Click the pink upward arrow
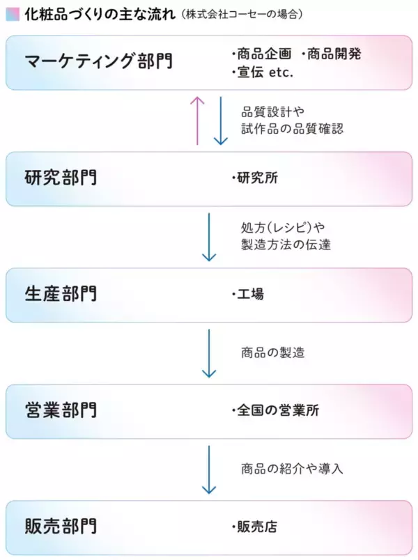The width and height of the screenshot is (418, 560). [x=197, y=120]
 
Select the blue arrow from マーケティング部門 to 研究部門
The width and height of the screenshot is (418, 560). [x=220, y=120]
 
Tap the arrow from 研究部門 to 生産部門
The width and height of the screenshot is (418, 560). [x=209, y=237]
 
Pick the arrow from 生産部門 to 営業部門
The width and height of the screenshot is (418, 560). [x=209, y=352]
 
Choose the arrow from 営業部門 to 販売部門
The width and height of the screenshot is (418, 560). [x=209, y=469]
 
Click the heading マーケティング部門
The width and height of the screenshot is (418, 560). [x=98, y=62]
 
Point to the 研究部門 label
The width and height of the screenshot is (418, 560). [x=61, y=178]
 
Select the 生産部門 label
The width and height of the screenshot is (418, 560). [x=61, y=293]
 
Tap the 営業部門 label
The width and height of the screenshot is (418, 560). [x=61, y=410]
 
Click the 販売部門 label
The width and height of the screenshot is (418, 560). [x=61, y=525]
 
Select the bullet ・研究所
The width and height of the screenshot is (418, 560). [x=254, y=178]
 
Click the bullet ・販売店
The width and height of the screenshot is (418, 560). [x=254, y=526]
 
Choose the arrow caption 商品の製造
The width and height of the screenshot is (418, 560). [x=273, y=352]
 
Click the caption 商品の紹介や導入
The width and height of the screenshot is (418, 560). [x=292, y=468]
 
